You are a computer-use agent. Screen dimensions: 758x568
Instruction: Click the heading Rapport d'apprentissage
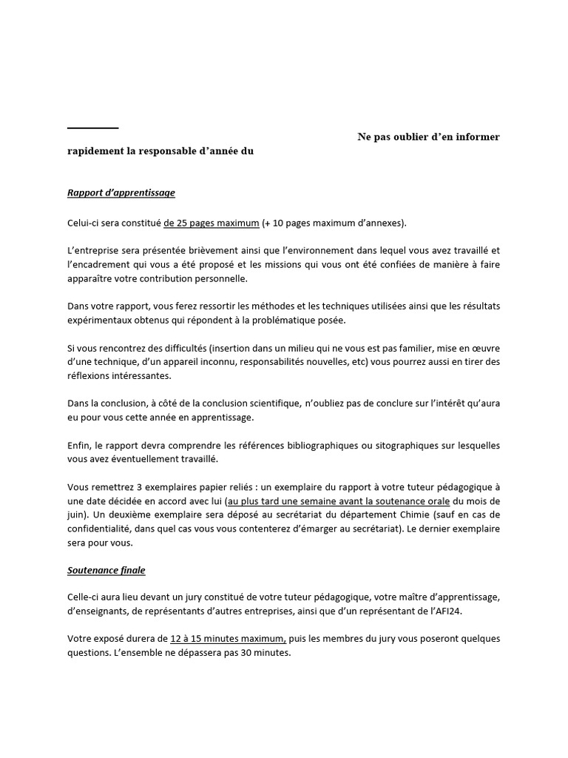coord(121,193)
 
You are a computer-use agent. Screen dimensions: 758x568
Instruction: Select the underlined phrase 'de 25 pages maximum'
coord(212,222)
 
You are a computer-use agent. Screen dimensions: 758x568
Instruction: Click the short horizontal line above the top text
coord(92,129)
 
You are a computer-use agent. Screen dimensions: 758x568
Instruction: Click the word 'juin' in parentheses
coord(75,514)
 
